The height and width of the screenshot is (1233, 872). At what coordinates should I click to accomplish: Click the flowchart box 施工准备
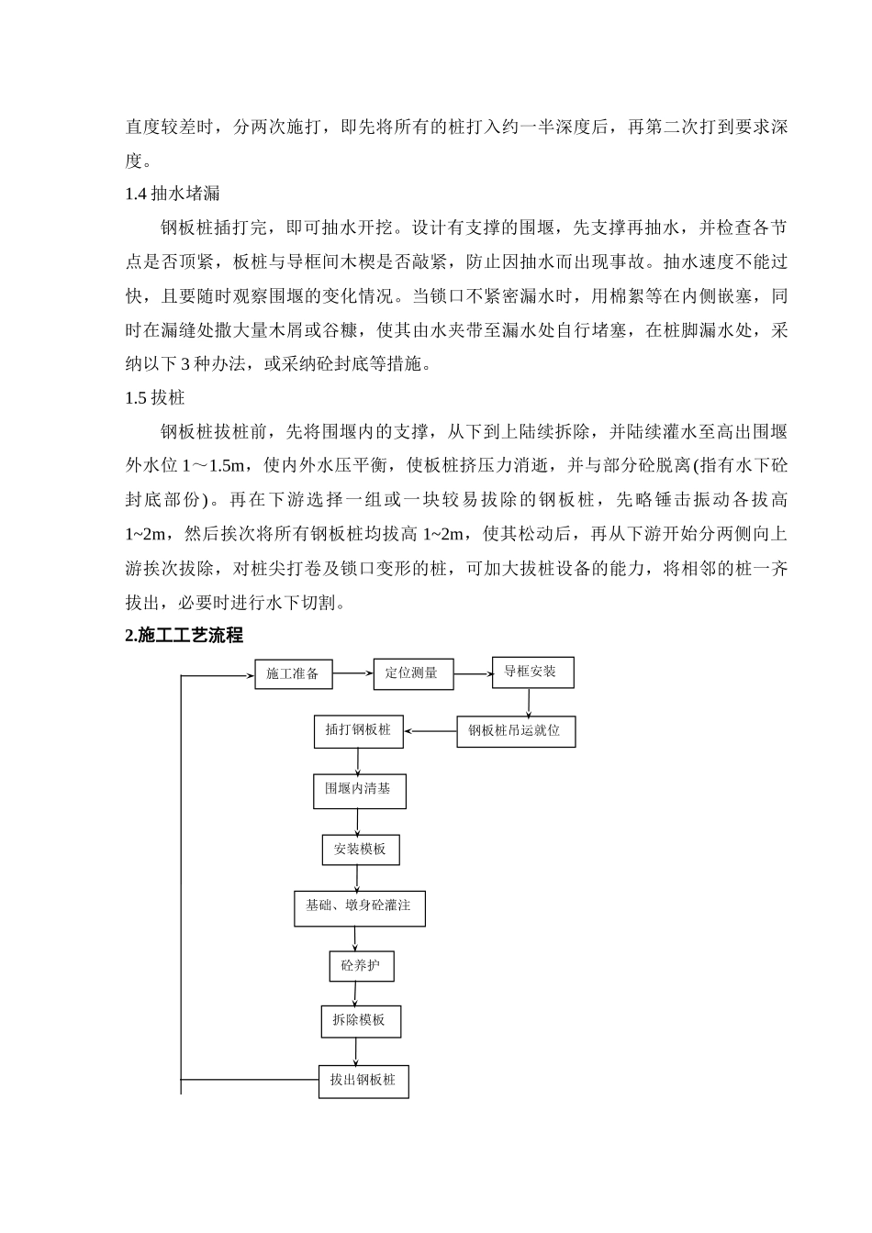click(x=293, y=674)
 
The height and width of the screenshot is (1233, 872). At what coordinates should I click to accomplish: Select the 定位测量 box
click(x=413, y=674)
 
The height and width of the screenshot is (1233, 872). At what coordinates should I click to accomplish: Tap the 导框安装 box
click(x=532, y=672)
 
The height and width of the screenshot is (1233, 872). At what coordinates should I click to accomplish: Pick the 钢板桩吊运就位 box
click(x=516, y=732)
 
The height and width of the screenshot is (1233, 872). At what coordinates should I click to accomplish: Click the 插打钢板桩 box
click(x=359, y=731)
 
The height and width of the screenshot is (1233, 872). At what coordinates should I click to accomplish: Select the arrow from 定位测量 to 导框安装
click(x=473, y=674)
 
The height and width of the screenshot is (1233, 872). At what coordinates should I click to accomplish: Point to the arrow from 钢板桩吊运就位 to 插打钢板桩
click(x=430, y=731)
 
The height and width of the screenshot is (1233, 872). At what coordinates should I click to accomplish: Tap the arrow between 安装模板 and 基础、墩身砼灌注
click(x=357, y=877)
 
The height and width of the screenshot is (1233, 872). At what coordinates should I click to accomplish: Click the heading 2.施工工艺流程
click(x=184, y=636)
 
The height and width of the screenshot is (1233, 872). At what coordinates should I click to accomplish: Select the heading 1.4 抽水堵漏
click(x=172, y=194)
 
